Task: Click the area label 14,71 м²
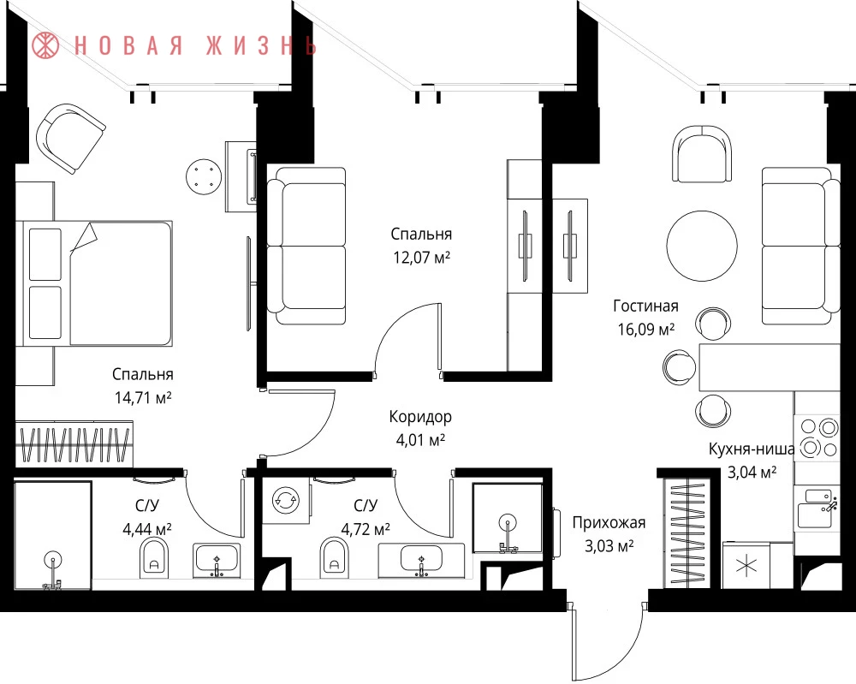[x=143, y=397]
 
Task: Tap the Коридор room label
[x=420, y=417]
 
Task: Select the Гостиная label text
[x=645, y=306]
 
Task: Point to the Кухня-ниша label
[x=752, y=449]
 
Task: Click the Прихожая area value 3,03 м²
[x=609, y=546]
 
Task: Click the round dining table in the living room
[x=702, y=247]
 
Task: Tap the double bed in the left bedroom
[x=94, y=283]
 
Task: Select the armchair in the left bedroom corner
[x=70, y=138]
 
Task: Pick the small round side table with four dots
[x=204, y=175]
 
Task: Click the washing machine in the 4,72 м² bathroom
[x=286, y=500]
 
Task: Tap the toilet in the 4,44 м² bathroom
[x=154, y=557]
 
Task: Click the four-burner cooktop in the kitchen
[x=817, y=437]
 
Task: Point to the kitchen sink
[x=817, y=509]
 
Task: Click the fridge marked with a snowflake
[x=746, y=565]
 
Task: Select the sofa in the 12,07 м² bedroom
[x=306, y=247]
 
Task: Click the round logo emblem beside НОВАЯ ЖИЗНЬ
[x=46, y=45]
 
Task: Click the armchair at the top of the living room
[x=702, y=153]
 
